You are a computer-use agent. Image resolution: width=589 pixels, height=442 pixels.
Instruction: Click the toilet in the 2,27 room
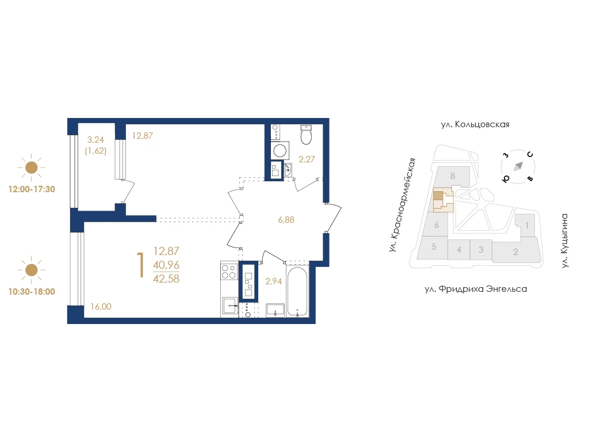coord(307,135)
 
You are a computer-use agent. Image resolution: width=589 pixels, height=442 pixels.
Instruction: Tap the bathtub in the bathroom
coord(297,291)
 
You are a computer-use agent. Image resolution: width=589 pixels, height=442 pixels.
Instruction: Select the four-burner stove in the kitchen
coord(229,272)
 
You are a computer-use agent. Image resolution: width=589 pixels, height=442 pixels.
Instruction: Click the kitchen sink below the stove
coord(230,306)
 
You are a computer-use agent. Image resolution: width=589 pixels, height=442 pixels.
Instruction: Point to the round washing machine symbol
coord(280,150)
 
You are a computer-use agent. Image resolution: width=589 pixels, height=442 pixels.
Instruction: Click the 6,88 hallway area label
coord(286,220)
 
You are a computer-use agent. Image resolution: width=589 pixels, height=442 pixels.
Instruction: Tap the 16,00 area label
coord(101,307)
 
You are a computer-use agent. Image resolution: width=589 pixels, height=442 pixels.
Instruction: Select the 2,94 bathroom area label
coord(273,281)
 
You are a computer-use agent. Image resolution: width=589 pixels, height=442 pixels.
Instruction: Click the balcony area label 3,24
coord(95,140)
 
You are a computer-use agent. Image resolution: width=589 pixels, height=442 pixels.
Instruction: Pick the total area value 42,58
coord(166,279)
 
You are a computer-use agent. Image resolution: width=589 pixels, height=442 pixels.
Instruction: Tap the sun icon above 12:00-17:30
coord(31,167)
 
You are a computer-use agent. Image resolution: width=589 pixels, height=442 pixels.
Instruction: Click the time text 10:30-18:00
coord(32,292)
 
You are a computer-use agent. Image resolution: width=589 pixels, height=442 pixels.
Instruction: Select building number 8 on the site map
coord(453,176)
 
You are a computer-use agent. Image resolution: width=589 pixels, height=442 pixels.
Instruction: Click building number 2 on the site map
coord(515,252)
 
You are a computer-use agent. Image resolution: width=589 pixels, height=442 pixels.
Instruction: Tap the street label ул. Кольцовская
coord(475,124)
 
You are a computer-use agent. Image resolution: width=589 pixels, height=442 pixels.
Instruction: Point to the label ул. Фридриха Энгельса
coord(476,289)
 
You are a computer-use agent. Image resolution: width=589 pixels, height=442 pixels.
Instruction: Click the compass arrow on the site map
coord(519,166)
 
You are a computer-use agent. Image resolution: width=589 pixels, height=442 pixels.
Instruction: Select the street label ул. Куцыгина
coord(565,241)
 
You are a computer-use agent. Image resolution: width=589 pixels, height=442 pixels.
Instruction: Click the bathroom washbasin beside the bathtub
coord(276,310)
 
